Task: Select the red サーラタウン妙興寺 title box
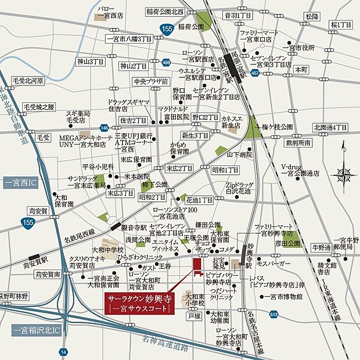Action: click(139, 304)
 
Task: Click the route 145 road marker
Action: click(104, 127)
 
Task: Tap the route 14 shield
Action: click(62, 351)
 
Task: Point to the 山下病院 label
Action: click(240, 154)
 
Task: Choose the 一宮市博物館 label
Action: click(282, 296)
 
